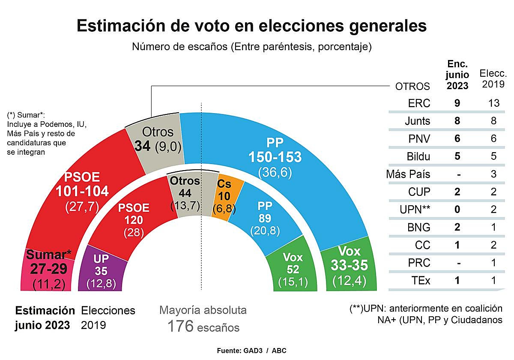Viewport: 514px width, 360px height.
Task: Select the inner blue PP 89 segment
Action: [265, 219]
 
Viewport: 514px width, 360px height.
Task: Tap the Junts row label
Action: [417, 121]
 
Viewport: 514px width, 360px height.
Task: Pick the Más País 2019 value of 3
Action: [493, 174]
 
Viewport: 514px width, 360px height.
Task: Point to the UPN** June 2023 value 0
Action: [457, 210]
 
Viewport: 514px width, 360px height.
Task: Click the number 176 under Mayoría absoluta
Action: [180, 327]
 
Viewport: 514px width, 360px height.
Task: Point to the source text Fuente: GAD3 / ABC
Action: [251, 351]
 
